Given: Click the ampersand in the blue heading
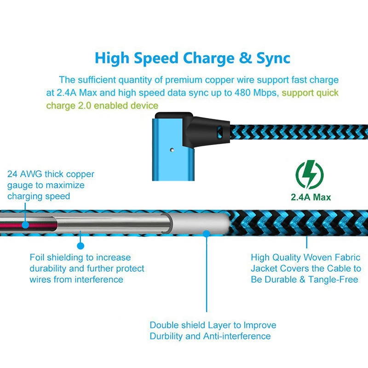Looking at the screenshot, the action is point(245,58).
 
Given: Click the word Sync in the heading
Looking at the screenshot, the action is point(273,58).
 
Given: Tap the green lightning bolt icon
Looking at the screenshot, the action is point(310,174).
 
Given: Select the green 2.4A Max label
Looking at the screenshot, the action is point(311,197).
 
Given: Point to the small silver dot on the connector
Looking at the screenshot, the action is point(172,150).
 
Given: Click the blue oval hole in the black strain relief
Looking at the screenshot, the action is point(220,132).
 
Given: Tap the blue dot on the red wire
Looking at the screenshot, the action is point(25,225).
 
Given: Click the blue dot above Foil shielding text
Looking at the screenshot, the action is point(80,246).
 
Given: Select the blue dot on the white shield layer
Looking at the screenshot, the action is point(206,234).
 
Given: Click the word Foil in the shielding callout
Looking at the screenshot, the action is point(37,258).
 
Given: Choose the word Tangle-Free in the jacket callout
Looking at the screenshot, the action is point(333,280).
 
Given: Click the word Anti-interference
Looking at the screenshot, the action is point(237,336).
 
